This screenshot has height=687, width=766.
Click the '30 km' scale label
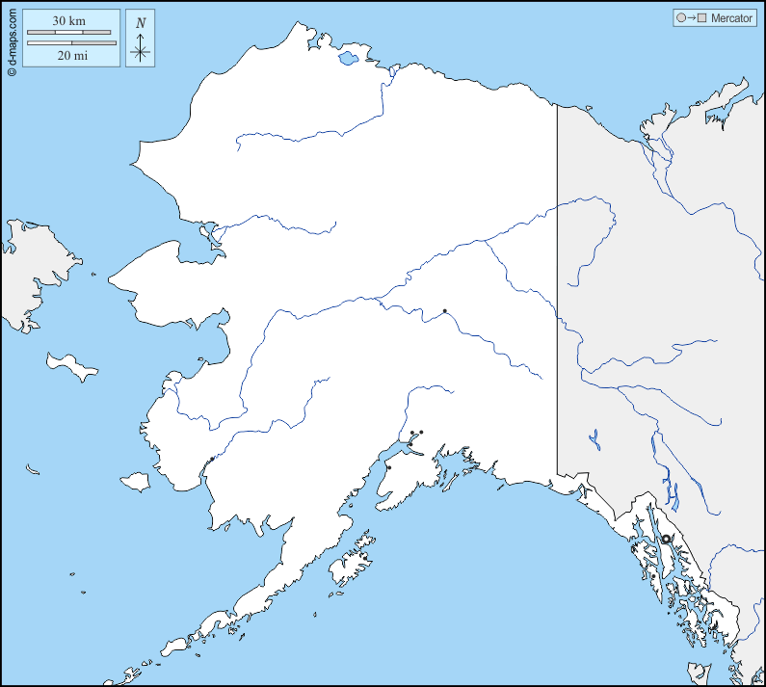[x=70, y=20]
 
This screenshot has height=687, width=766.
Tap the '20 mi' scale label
[x=71, y=56]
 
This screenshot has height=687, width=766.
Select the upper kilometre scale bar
[x=70, y=33]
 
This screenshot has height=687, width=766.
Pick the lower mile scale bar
[x=71, y=43]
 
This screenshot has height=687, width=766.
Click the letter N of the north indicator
[x=141, y=22]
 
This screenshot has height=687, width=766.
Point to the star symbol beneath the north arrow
[x=141, y=52]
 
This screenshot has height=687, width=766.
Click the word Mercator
[x=731, y=18]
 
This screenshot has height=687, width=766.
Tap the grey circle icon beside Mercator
[x=682, y=18]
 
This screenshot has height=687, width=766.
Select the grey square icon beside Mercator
[x=703, y=18]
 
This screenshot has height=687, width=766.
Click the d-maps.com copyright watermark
[x=11, y=39]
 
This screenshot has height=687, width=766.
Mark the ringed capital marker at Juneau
[x=665, y=539]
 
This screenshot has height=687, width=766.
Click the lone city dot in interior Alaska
[x=444, y=310]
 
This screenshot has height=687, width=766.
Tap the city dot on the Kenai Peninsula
[x=388, y=467]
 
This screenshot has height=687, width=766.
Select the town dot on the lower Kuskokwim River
[x=211, y=459]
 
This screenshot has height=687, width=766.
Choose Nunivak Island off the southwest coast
[x=135, y=481]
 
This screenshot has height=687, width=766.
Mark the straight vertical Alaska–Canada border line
[x=557, y=289]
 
